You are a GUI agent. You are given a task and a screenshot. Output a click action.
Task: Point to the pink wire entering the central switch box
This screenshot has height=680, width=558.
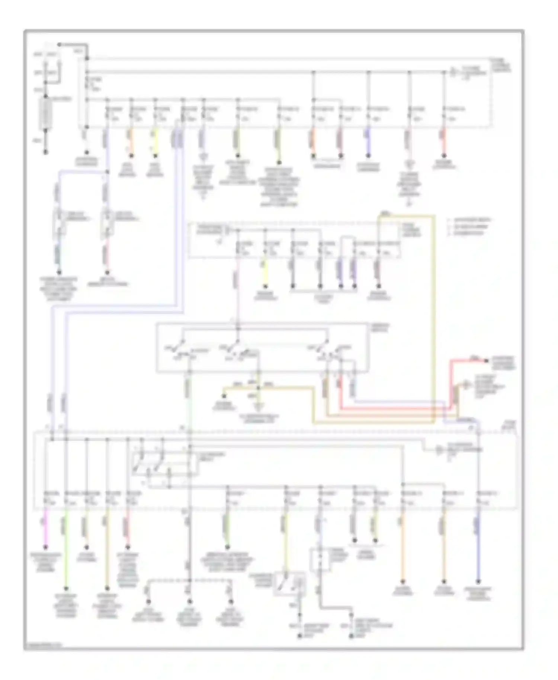(238, 294)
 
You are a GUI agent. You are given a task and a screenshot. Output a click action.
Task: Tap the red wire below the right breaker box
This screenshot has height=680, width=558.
(107, 257)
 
